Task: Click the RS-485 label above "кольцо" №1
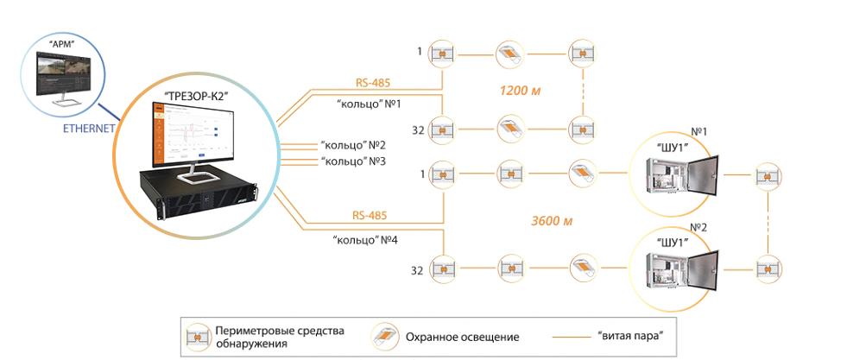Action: tap(373, 84)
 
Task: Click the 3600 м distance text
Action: tap(552, 220)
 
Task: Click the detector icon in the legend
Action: tap(199, 337)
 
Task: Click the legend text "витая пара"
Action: tap(629, 336)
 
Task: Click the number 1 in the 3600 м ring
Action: tap(420, 174)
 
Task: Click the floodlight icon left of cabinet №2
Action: tap(582, 264)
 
